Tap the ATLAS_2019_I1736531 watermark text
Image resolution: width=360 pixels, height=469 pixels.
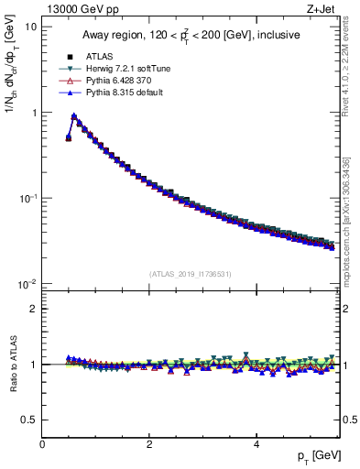191,274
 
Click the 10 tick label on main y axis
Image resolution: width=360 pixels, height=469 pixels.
30,27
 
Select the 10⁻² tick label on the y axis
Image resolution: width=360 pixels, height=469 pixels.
27,284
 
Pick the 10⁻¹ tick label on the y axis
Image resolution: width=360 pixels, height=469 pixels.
27,198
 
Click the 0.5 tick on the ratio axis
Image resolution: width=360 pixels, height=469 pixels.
28,420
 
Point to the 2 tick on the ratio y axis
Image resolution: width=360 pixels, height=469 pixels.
33,309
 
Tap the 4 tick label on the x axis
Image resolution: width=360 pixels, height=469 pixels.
256,444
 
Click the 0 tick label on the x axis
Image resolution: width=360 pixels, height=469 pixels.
42,444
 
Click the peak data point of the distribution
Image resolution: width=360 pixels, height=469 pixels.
74,116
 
